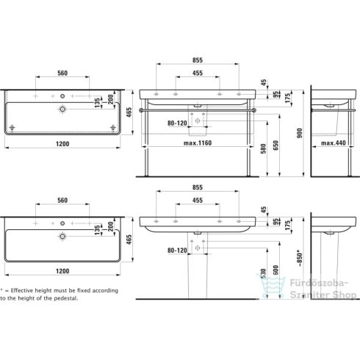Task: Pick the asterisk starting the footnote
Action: pyautogui.click(x=2, y=290)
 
